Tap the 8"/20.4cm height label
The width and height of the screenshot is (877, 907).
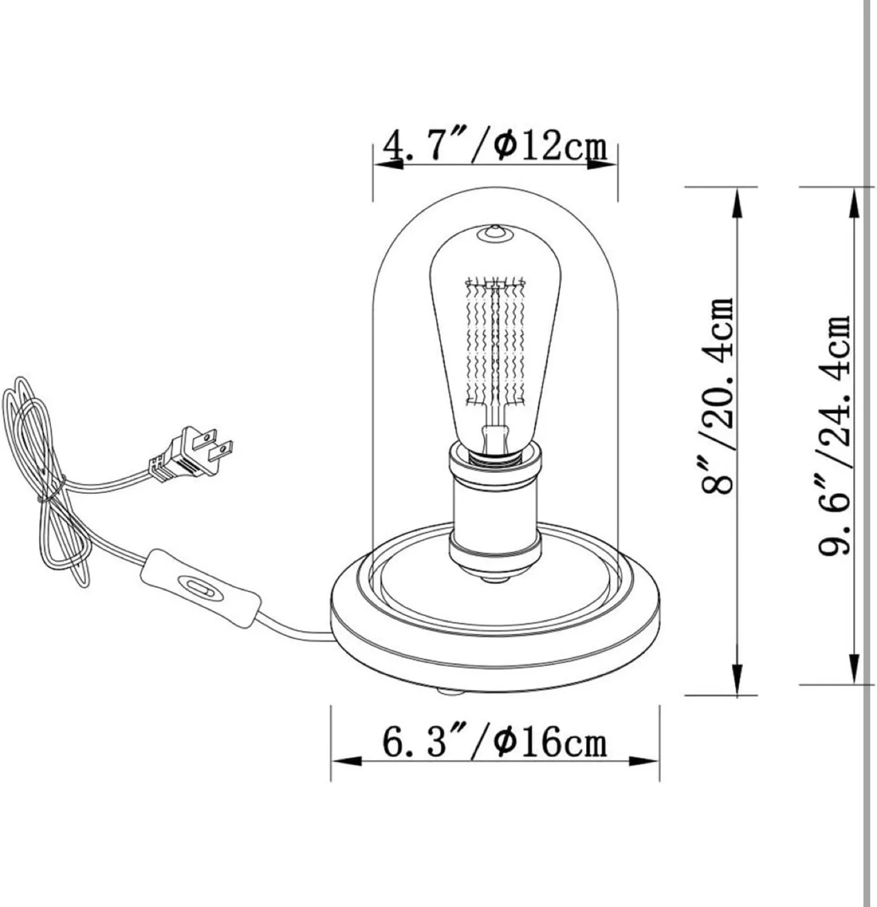[x=718, y=396]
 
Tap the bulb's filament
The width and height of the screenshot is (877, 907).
[x=494, y=343]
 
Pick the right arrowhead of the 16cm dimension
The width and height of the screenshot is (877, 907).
[x=645, y=760]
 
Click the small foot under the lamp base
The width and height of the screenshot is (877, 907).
[x=450, y=692]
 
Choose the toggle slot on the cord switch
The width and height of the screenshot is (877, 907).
[x=200, y=589]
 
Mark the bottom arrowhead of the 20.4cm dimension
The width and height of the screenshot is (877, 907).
[x=737, y=679]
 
